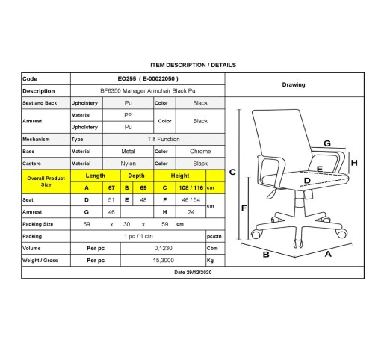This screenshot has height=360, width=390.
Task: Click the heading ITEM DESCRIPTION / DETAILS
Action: pos(193,65)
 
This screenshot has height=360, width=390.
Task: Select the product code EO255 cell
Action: pos(148,79)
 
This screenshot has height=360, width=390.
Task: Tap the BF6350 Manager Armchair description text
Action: pos(148,91)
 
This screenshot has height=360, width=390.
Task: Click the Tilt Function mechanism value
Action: pos(164,139)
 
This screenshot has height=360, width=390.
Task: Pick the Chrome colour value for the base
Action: pos(200,152)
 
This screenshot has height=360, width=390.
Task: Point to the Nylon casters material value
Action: pos(129,164)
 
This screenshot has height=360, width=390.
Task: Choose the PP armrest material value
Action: pos(129,115)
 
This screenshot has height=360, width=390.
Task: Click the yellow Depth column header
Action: pos(136,176)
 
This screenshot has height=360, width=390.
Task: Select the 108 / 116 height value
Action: pos(191,188)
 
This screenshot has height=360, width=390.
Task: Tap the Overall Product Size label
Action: pos(46,181)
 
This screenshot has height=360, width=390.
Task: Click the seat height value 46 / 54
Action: pos(191,200)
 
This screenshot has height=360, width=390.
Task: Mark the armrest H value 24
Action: pos(191,212)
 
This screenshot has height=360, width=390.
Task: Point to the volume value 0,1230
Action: pos(164,248)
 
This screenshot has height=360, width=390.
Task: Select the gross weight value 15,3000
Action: pos(164,261)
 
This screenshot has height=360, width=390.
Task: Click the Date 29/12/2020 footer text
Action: pos(193,273)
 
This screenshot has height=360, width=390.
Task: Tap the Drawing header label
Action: pos(294,85)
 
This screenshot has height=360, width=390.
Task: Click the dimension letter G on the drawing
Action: pos(327,143)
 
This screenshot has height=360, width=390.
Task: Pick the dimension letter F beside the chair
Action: pos(244,208)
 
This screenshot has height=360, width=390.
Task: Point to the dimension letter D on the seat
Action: pos(307,181)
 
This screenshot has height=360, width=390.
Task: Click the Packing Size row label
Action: pos(38,224)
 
